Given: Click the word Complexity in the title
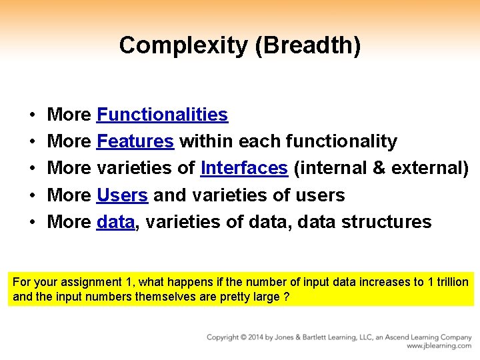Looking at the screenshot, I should [173, 45].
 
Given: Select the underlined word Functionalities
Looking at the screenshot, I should [162, 115].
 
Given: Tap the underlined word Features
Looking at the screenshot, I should [135, 141].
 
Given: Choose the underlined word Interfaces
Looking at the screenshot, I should [244, 168].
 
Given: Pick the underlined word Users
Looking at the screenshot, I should [122, 195].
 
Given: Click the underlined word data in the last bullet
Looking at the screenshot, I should [115, 222].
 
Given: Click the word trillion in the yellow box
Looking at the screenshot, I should [452, 282].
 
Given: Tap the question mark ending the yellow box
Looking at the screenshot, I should [286, 297].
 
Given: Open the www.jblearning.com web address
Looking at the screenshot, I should [439, 346].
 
